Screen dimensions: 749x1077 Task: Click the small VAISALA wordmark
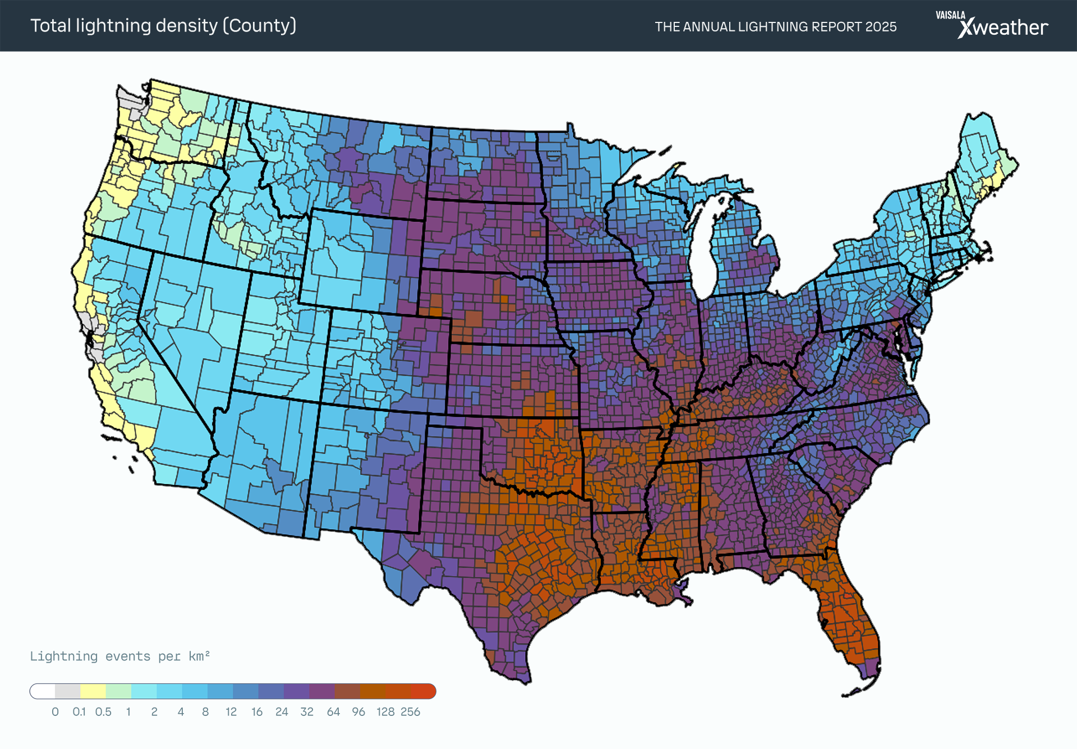tap(950, 15)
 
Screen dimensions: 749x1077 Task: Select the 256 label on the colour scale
tap(410, 712)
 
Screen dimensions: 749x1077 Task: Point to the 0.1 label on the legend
tap(79, 712)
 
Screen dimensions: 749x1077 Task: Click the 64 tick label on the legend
tap(333, 712)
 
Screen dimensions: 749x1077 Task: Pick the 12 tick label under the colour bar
tap(231, 712)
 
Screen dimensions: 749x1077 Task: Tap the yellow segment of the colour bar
tap(93, 691)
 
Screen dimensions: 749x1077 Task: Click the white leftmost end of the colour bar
tap(43, 691)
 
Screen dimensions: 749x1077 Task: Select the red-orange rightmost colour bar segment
tap(424, 691)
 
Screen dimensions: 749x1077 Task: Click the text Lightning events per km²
tap(119, 656)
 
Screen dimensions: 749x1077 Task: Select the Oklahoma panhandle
tap(454, 422)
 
